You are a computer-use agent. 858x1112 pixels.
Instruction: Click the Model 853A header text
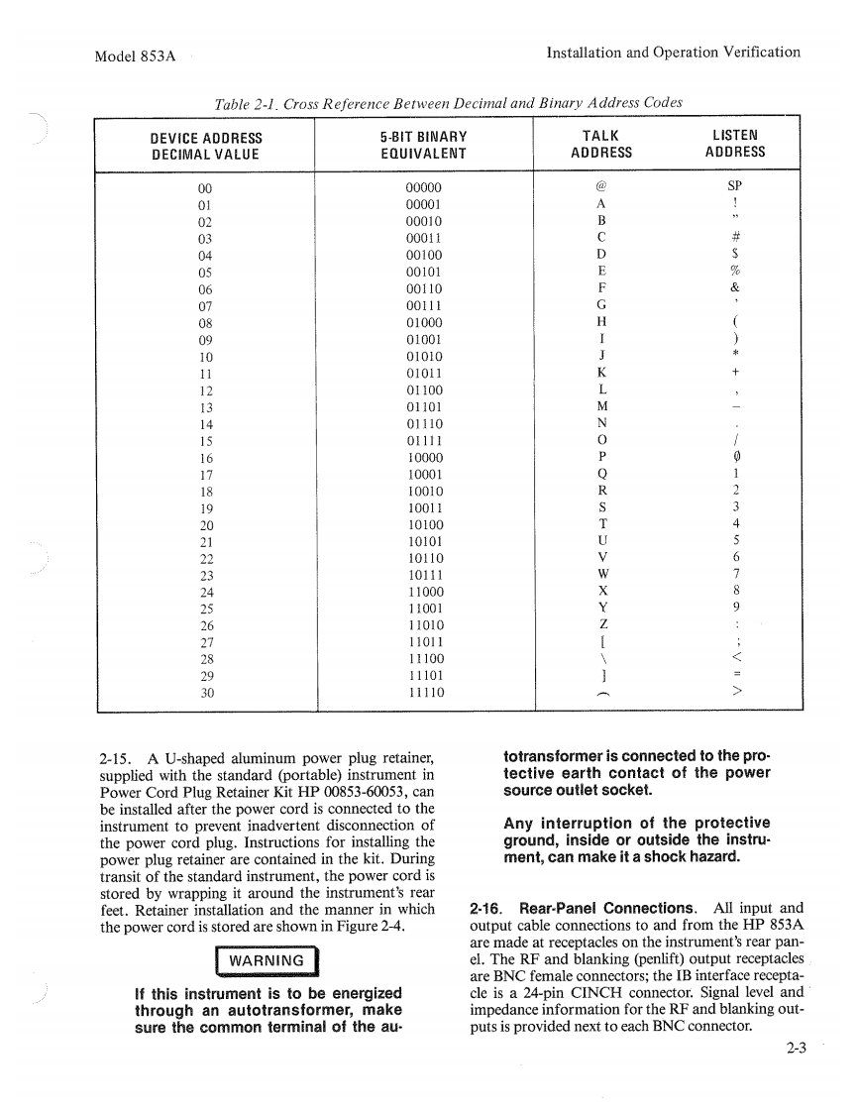pos(135,56)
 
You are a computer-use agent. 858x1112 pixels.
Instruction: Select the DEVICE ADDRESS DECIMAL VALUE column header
pos(205,145)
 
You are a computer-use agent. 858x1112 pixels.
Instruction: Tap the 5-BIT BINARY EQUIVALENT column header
pos(423,145)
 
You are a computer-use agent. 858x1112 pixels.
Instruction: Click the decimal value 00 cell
pos(205,187)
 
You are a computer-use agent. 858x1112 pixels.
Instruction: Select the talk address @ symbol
pos(601,186)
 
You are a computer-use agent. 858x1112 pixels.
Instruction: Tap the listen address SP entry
pos(735,185)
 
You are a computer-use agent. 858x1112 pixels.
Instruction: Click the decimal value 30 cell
pos(206,694)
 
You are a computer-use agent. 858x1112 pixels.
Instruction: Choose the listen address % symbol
pos(735,271)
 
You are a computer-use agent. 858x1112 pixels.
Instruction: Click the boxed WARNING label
pos(264,960)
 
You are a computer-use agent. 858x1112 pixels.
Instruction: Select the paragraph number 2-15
pos(118,759)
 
